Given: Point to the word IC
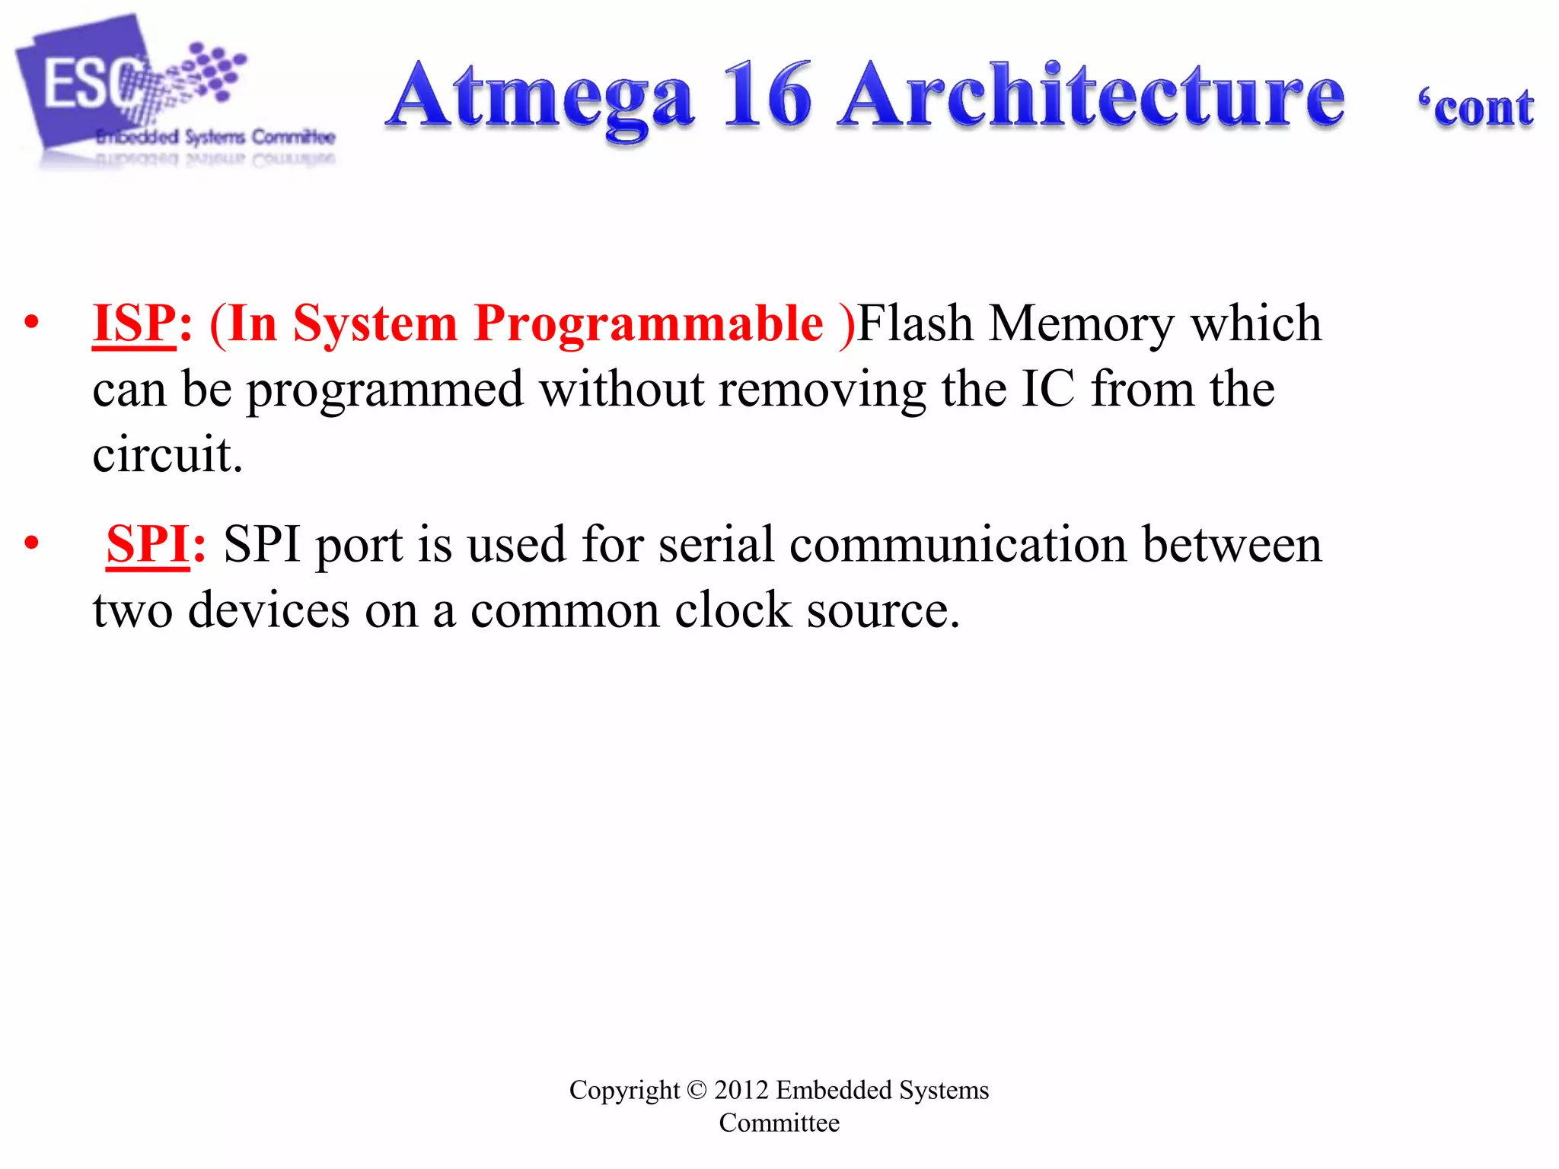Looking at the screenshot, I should click(1048, 389).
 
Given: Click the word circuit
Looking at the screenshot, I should click(167, 455).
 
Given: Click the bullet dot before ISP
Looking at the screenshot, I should click(31, 323).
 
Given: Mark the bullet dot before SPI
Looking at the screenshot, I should click(31, 543).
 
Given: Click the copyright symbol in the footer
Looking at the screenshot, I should click(697, 1090).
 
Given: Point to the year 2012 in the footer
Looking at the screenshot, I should click(741, 1090).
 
